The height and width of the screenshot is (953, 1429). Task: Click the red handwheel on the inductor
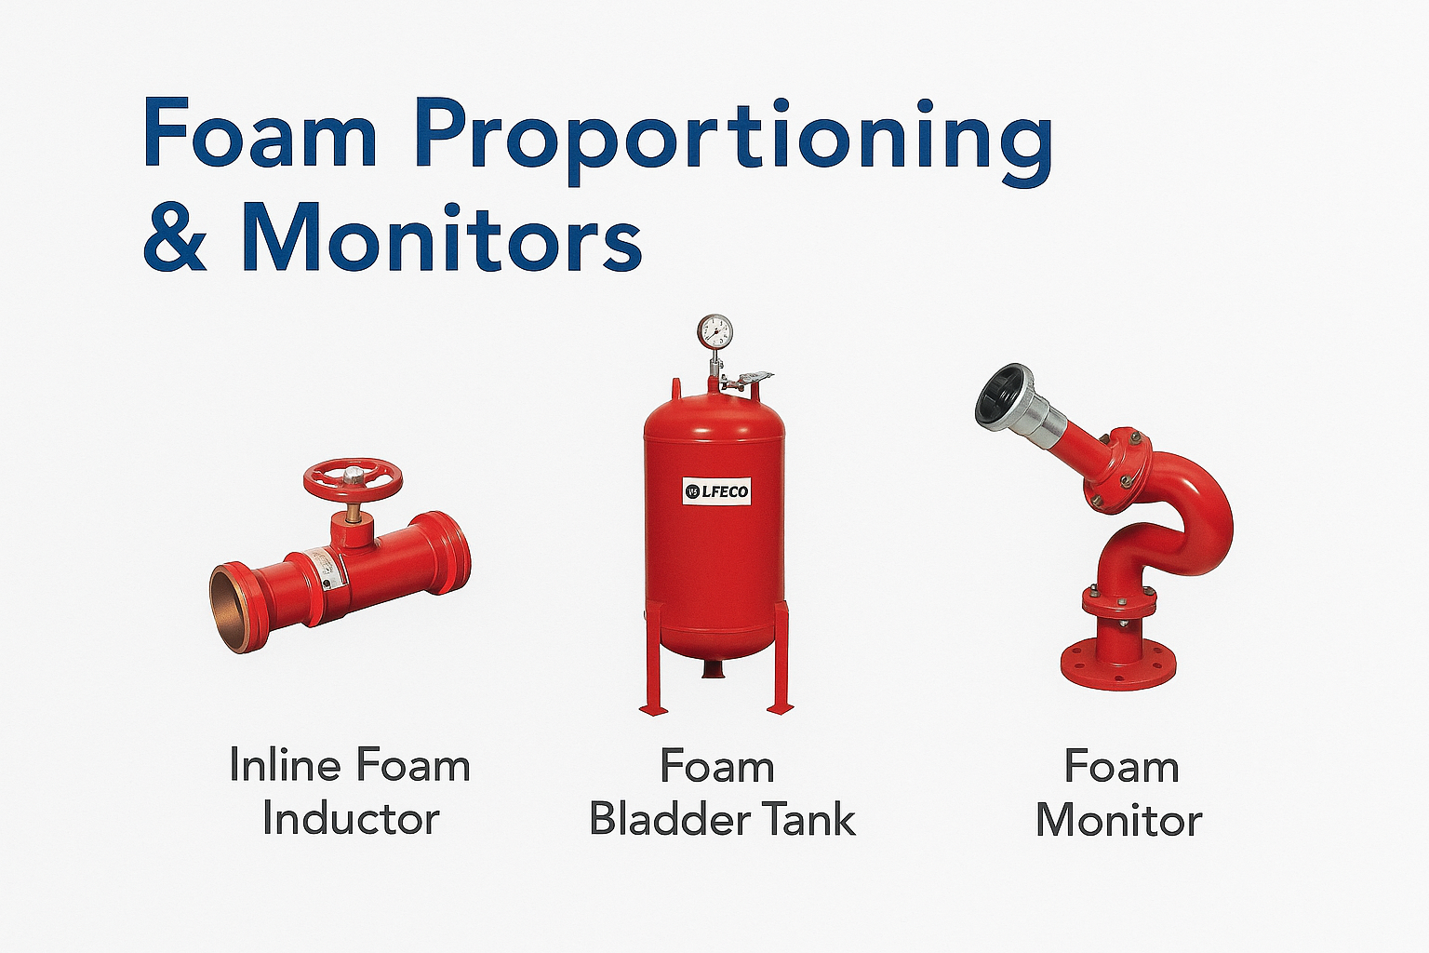pos(353,478)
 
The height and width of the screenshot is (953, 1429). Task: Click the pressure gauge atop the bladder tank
pos(714,330)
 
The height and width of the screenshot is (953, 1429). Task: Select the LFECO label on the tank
pos(715,490)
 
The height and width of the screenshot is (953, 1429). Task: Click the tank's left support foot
pos(653,709)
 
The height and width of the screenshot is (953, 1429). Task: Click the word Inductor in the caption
pos(351,819)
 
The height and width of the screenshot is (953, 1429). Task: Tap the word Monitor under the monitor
pos(1118,820)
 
